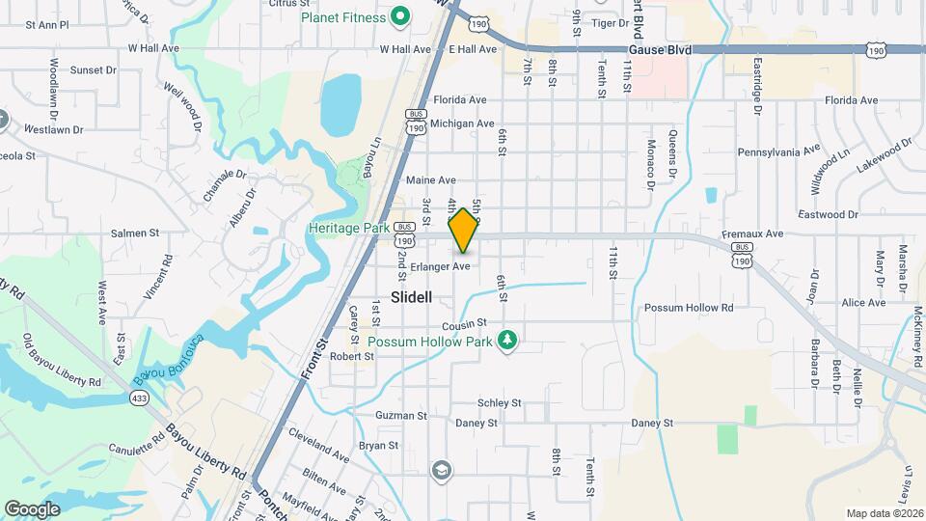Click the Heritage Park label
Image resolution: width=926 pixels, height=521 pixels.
coord(347,228)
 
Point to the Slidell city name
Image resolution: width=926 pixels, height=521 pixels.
coord(412,296)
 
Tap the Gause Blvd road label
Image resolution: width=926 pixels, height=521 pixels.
coord(659,48)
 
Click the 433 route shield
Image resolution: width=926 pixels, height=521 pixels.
coord(140,398)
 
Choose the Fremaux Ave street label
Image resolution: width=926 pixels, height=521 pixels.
coord(753,233)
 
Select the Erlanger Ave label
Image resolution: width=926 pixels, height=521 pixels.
coord(440,266)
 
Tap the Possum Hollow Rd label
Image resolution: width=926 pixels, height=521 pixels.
coord(689,308)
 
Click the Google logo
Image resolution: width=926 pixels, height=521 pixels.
coord(32,508)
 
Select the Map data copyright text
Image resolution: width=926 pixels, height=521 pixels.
coord(884,513)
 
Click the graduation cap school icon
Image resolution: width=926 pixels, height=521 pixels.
coord(442,470)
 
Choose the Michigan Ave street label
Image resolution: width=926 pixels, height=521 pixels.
coord(462,123)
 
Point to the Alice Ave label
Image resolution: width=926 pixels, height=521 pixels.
coord(863,302)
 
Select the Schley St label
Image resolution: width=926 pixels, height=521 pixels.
coord(500,402)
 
